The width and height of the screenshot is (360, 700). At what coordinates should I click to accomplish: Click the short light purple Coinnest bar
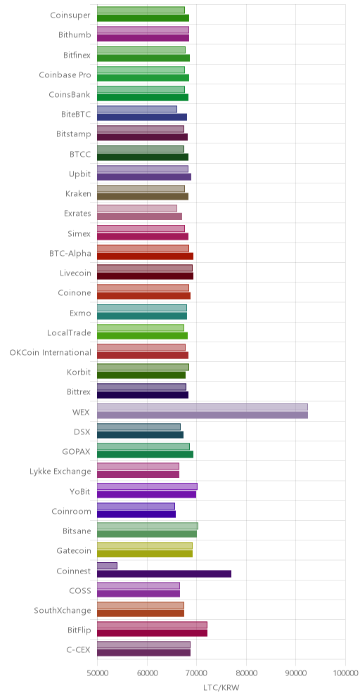pos(107,566)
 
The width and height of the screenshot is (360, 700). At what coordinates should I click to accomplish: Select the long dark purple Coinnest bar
pos(165,573)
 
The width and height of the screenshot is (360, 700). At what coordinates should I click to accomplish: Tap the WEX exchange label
pos(82,412)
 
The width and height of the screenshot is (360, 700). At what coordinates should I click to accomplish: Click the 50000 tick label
pos(97,673)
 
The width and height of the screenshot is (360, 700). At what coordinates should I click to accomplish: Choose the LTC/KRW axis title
pos(221,688)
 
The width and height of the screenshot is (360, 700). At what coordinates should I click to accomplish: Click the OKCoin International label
pos(51,352)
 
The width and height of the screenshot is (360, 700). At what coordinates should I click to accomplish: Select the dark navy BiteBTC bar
pos(142,117)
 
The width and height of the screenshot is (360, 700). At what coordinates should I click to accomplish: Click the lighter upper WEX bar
pos(202,407)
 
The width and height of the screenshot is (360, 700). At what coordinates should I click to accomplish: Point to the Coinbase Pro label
pos(65,74)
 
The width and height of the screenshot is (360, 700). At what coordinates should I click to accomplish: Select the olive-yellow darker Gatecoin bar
pos(145,554)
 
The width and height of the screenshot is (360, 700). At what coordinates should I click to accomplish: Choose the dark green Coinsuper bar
pos(143,18)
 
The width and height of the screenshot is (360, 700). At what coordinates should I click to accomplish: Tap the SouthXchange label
pos(63,610)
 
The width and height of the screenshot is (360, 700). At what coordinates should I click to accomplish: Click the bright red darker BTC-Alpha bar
pos(145,257)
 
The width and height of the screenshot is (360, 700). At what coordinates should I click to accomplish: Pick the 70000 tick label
pos(197,673)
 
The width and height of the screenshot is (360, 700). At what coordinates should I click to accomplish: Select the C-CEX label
pos(78,649)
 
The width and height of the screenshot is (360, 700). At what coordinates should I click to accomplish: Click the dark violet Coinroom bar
pos(136,514)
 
